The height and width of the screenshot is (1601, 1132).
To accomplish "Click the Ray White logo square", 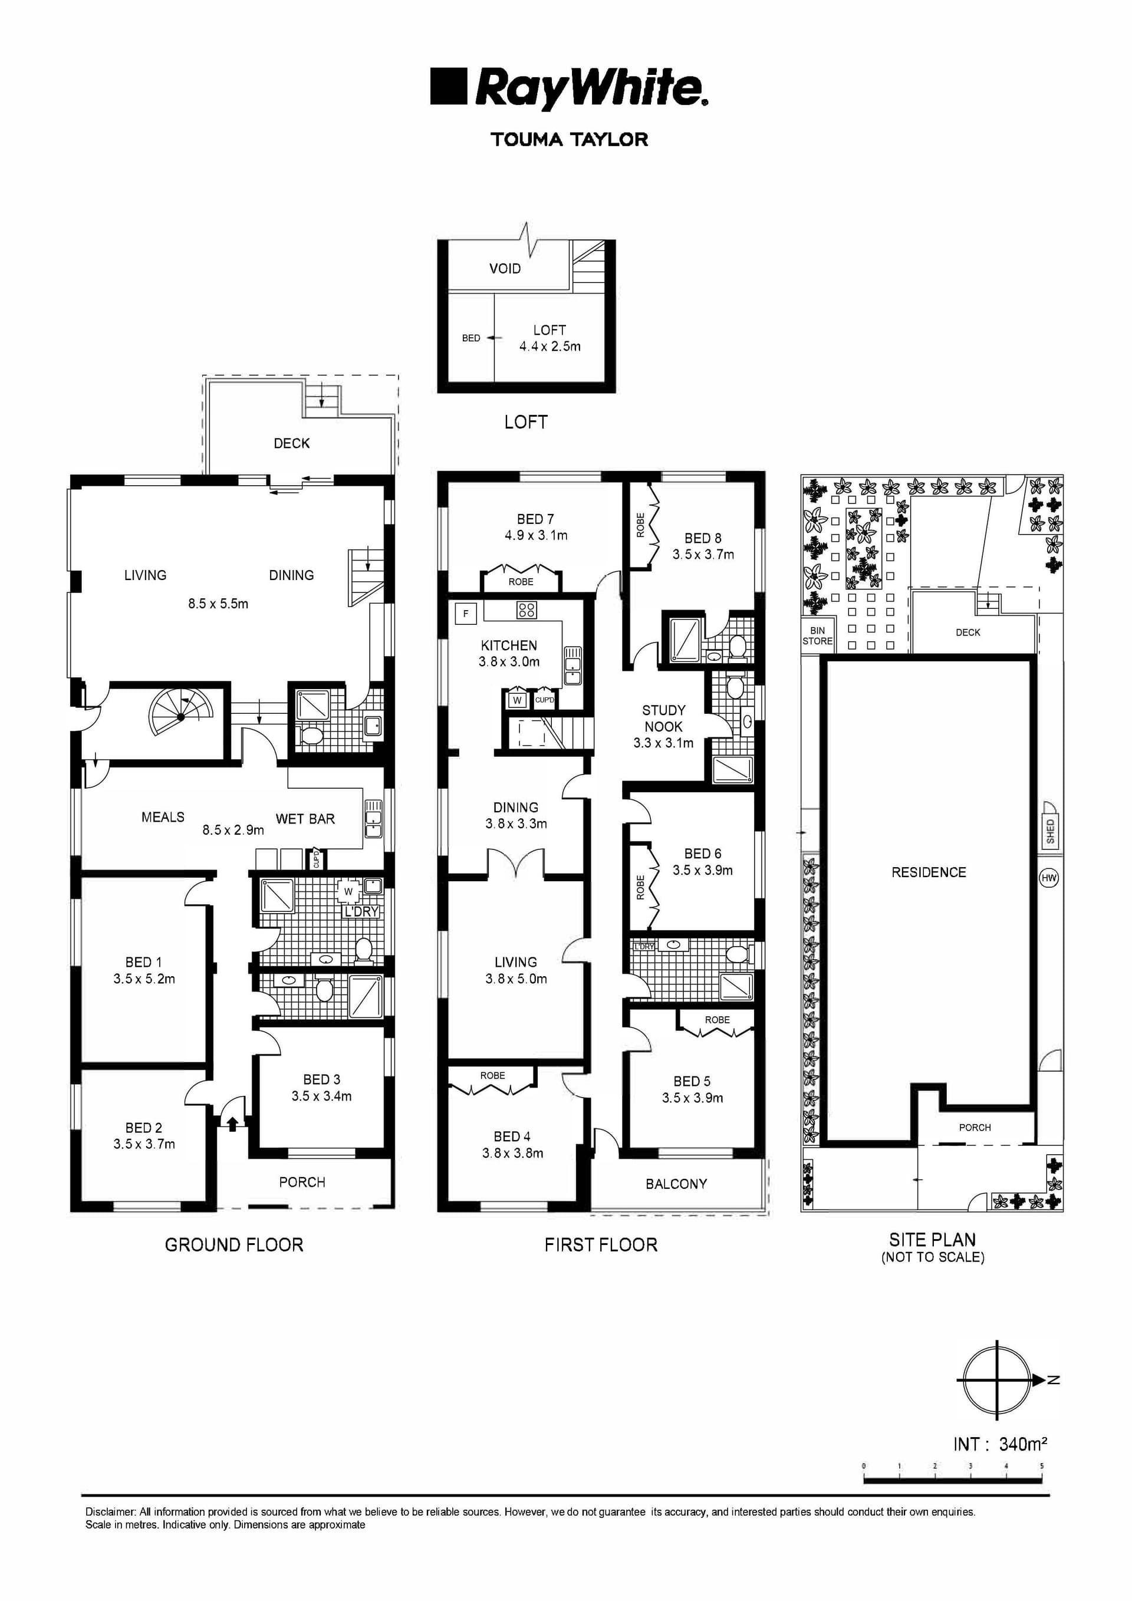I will pyautogui.click(x=447, y=87).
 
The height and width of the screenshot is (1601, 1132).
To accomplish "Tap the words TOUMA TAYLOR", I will pyautogui.click(x=569, y=140).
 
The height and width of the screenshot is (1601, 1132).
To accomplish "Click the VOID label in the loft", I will pyautogui.click(x=504, y=268).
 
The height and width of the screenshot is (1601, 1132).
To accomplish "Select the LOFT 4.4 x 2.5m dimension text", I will pyautogui.click(x=549, y=347).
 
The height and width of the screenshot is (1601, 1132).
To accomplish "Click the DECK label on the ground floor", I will pyautogui.click(x=291, y=443).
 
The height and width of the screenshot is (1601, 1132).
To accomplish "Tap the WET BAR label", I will pyautogui.click(x=305, y=819).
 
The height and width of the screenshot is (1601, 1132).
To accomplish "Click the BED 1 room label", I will pyautogui.click(x=144, y=962).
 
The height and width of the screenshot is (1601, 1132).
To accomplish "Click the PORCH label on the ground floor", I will pyautogui.click(x=302, y=1182).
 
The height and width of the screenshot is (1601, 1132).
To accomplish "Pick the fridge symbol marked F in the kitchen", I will pyautogui.click(x=466, y=614).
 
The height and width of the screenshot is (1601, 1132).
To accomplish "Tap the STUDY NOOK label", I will pyautogui.click(x=663, y=718).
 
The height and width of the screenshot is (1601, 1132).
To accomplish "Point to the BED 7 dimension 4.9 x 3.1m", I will pyautogui.click(x=536, y=535).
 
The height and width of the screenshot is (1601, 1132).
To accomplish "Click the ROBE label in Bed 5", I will pyautogui.click(x=717, y=1019).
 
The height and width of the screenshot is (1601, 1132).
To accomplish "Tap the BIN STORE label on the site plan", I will pyautogui.click(x=817, y=635).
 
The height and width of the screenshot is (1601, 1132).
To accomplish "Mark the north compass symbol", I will pyautogui.click(x=998, y=1380).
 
